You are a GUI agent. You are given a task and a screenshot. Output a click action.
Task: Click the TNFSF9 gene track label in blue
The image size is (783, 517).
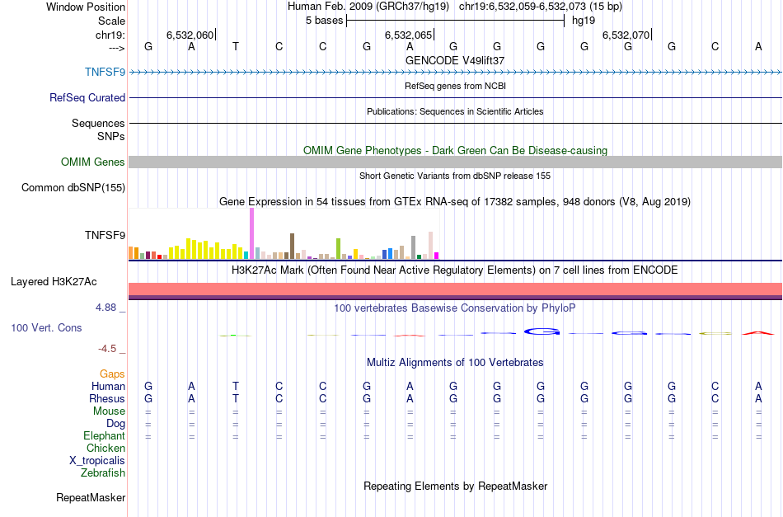pyautogui.click(x=105, y=72)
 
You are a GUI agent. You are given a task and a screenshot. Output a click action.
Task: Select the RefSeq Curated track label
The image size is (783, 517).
pyautogui.click(x=87, y=98)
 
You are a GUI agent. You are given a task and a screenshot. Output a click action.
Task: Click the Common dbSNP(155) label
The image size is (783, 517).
pyautogui.click(x=73, y=188)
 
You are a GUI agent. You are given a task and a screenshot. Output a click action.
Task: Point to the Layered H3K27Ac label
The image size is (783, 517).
pyautogui.click(x=54, y=282)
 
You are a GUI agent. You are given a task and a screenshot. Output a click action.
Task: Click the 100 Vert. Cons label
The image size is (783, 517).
pyautogui.click(x=46, y=328)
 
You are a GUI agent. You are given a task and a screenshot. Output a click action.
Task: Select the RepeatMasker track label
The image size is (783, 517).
pyautogui.click(x=91, y=498)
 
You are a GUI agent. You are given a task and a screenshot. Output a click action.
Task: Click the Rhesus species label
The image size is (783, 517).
pyautogui.click(x=107, y=399)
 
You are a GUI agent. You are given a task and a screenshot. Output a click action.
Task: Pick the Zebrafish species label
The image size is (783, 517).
pyautogui.click(x=103, y=473)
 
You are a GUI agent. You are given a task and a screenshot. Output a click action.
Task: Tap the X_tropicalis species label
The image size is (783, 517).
pyautogui.click(x=97, y=461)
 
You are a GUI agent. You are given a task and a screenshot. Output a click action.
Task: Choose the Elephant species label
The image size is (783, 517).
pyautogui.click(x=104, y=436)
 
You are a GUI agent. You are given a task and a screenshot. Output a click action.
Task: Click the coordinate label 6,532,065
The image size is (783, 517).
pyautogui.click(x=408, y=35)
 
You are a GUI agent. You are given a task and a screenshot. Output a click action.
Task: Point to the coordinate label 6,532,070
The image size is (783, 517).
pyautogui.click(x=626, y=35)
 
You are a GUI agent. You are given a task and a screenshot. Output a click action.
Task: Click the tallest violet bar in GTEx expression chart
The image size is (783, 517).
pyautogui.click(x=251, y=234)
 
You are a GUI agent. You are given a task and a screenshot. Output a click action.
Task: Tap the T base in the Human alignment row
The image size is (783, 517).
pyautogui.click(x=236, y=386)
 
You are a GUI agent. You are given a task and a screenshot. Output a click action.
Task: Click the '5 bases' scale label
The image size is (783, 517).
pyautogui.click(x=323, y=21)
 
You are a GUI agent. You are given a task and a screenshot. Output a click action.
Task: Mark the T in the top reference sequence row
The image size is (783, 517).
pyautogui.click(x=236, y=47)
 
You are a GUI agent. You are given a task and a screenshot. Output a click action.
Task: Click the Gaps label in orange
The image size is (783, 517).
pyautogui.click(x=112, y=374)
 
